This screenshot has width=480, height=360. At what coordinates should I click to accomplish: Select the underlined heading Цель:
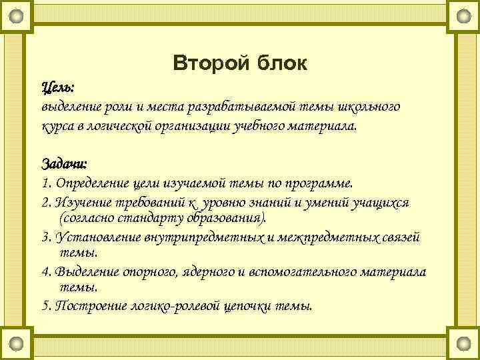pos(58,87)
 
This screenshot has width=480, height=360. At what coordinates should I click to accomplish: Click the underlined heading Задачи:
pos(65,164)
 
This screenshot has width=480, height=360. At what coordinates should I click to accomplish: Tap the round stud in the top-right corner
pos(463,15)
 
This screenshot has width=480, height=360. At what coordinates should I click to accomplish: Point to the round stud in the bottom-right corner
pos(463,344)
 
